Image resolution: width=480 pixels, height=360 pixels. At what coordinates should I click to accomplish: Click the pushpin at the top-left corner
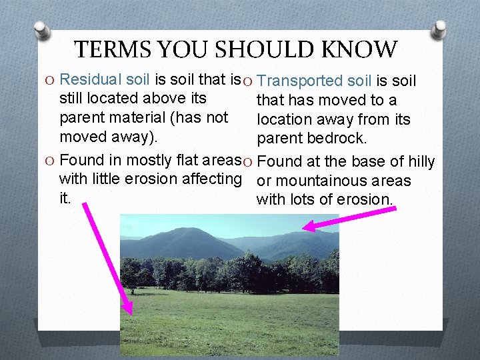click(x=41, y=29)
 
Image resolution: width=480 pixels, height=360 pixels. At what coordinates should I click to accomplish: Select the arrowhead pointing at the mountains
click(x=308, y=227)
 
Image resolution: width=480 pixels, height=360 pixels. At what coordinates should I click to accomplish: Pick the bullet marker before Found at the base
click(x=247, y=162)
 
